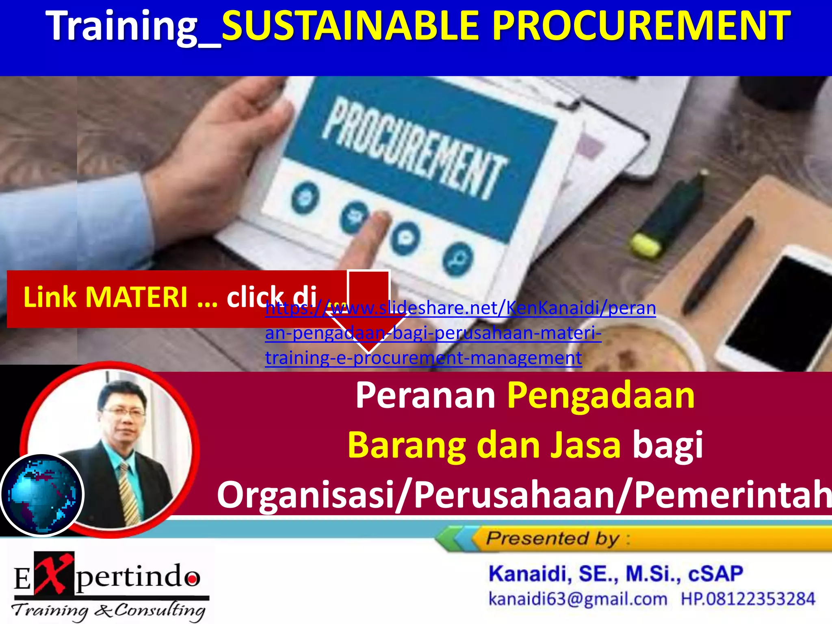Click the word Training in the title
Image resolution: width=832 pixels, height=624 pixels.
[122, 26]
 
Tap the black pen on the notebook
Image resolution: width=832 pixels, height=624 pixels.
[719, 264]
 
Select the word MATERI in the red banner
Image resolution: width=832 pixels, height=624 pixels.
[136, 297]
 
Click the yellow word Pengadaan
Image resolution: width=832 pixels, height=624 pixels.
[601, 396]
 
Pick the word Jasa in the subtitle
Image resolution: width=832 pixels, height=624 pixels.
[585, 446]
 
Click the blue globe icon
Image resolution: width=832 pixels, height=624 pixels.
[42, 495]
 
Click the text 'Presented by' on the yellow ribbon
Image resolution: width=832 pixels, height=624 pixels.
[552, 539]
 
